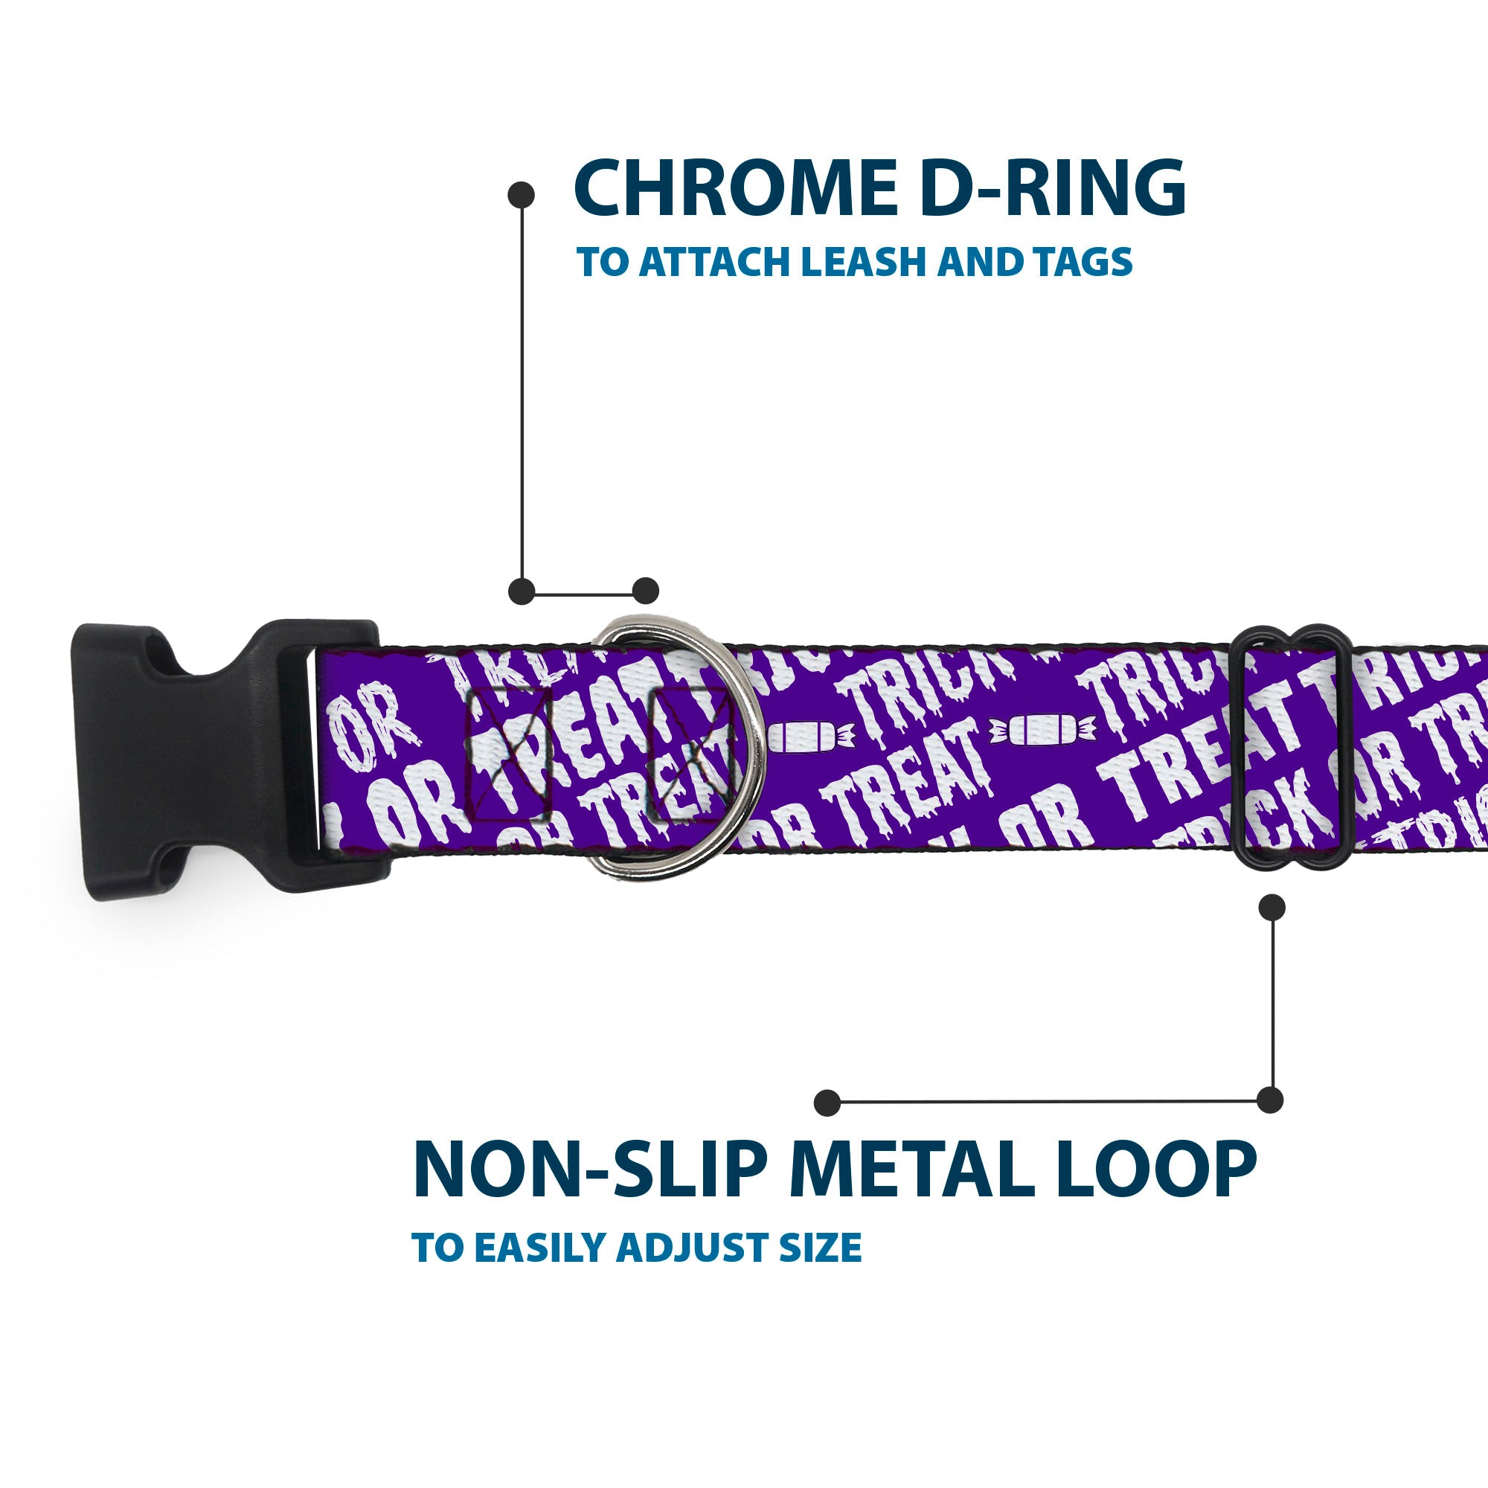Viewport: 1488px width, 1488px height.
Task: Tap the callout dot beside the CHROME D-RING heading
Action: pos(522,194)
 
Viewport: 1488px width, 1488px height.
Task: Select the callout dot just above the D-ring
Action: pos(645,591)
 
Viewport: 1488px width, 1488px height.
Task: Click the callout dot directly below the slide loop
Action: pos(1271,907)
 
